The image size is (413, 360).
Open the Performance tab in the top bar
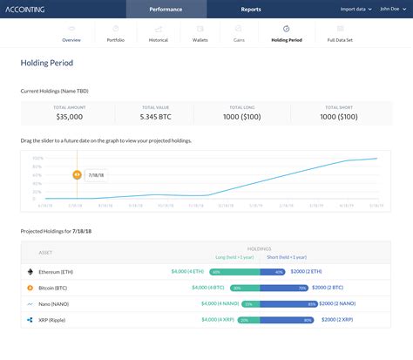point(166,9)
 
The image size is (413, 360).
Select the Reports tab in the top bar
point(250,9)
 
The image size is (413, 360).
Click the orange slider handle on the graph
point(77,173)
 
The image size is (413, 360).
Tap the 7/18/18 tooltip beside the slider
point(97,173)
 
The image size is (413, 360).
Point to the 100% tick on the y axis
point(37,158)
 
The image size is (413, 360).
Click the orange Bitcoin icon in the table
point(30,288)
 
